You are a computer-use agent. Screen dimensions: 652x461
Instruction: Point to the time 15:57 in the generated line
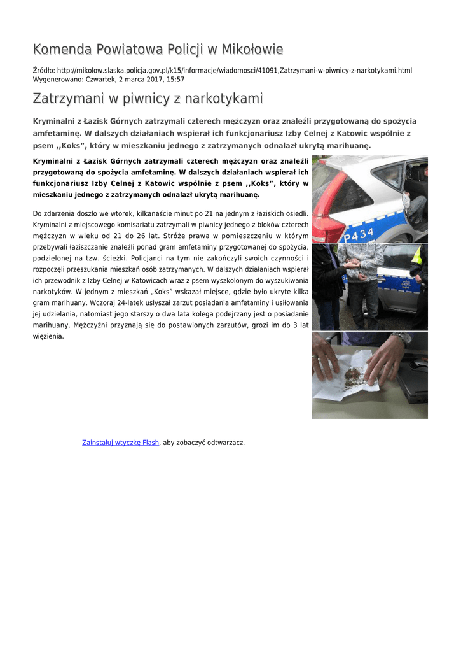[175, 80]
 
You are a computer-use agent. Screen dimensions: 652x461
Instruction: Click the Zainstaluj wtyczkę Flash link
[120, 443]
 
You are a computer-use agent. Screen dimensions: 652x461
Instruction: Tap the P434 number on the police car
[359, 235]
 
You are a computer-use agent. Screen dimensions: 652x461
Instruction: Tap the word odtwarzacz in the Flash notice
[224, 443]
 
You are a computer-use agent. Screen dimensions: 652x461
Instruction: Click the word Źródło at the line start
[43, 70]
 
